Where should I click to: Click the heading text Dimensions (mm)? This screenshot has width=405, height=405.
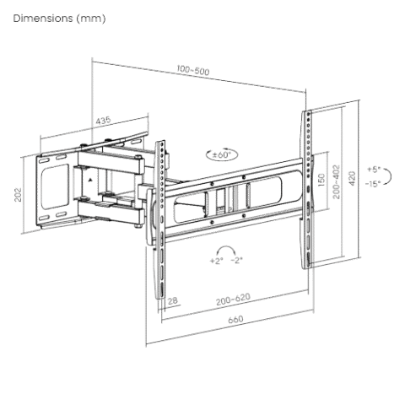(x=59, y=19)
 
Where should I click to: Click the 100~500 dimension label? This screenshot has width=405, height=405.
(x=193, y=70)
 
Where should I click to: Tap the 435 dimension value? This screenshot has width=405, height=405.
(x=103, y=120)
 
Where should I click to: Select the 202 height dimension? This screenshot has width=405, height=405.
(x=18, y=194)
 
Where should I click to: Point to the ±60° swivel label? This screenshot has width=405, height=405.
(x=221, y=154)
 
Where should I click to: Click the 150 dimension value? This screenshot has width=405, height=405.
(x=321, y=180)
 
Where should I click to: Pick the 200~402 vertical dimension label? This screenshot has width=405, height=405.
(x=337, y=182)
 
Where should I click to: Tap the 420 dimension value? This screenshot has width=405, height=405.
(x=352, y=178)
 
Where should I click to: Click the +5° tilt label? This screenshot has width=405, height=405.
(x=374, y=170)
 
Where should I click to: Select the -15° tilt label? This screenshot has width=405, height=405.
(x=373, y=184)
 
